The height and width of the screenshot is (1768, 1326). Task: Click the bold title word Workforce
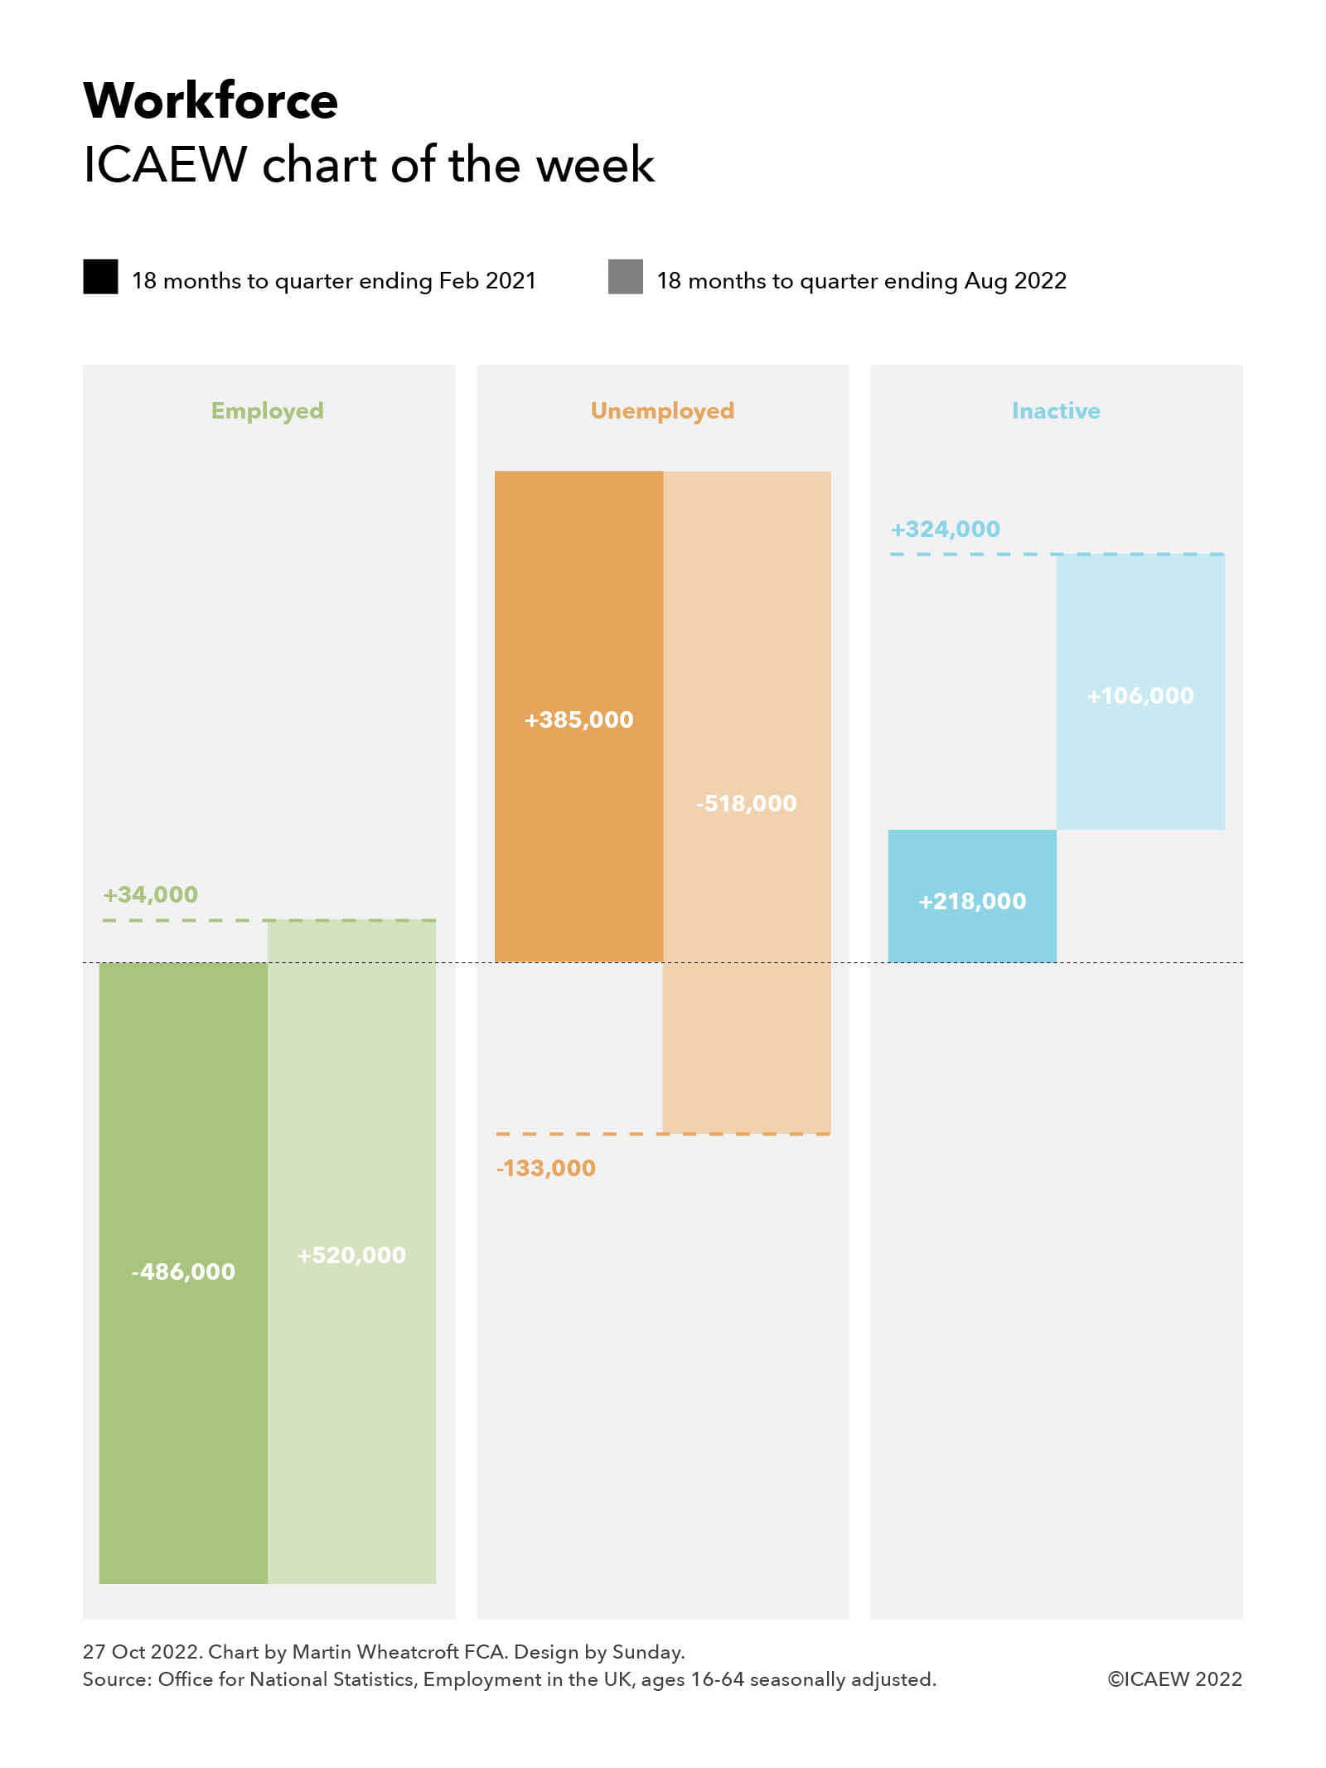pos(211,101)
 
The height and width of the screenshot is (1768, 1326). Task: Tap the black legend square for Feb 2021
pos(100,277)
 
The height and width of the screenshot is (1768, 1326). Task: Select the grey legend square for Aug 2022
pos(625,277)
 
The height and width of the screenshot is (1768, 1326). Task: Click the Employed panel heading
pos(267,410)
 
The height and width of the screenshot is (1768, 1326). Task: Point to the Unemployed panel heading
pos(662,410)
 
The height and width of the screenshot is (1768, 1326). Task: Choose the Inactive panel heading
pos(1056,410)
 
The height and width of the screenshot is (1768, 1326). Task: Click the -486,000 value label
pos(183,1272)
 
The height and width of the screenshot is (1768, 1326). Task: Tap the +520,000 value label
pos(351,1255)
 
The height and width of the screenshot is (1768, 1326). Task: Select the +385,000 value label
pos(578,719)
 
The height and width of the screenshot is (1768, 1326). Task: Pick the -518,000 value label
pos(746,803)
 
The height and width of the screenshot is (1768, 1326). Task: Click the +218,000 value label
pos(972,901)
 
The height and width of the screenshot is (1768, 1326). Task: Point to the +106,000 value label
pos(1140,695)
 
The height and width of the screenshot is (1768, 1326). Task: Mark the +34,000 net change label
pos(150,894)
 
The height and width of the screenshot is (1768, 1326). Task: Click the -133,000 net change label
pos(546,1168)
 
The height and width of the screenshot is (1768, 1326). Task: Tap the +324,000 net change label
pos(945,529)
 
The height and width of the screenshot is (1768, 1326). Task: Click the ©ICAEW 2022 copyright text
pos(1174,1678)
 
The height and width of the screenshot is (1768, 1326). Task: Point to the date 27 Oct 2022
pos(142,1651)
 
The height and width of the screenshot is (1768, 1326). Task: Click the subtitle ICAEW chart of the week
pos(369,164)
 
